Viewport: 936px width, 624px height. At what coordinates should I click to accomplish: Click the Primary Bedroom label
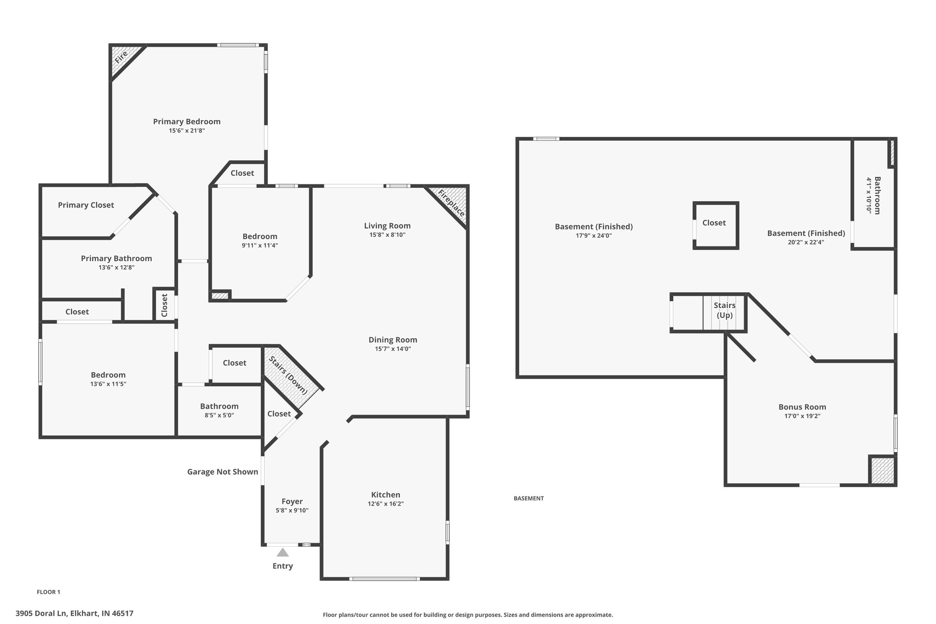click(x=186, y=122)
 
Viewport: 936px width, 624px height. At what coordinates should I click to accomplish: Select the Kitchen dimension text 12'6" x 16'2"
click(x=386, y=504)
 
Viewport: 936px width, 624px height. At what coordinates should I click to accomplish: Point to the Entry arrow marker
click(x=283, y=552)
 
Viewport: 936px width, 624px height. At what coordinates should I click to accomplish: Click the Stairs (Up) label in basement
click(x=725, y=310)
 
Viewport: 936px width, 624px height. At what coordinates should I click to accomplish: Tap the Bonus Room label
click(x=803, y=407)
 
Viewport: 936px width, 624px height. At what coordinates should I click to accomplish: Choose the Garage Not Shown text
click(x=223, y=472)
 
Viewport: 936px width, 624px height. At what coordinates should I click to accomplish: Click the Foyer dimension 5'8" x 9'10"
click(x=292, y=510)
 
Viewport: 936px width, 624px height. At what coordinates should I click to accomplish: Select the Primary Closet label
click(x=86, y=205)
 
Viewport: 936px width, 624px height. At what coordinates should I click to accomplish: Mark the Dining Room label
click(x=393, y=340)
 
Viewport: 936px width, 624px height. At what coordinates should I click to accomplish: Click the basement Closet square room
click(x=716, y=225)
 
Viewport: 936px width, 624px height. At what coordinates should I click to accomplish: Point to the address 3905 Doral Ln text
click(x=74, y=613)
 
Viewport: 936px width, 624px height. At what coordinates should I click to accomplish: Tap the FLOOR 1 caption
click(x=48, y=592)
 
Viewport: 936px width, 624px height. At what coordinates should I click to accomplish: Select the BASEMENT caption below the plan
click(x=529, y=498)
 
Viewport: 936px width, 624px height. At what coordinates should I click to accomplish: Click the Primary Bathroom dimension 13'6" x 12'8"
click(x=117, y=267)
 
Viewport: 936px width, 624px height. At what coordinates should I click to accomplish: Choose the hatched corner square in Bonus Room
click(x=882, y=470)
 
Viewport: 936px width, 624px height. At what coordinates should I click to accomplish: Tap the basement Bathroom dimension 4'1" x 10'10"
click(x=868, y=196)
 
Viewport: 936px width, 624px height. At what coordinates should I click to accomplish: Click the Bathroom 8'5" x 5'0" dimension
click(x=219, y=415)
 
